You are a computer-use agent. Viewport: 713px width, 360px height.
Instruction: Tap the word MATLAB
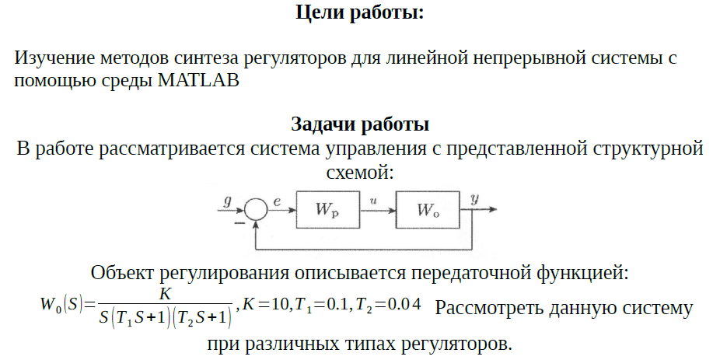197,80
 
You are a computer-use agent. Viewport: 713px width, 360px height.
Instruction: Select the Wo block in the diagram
428,210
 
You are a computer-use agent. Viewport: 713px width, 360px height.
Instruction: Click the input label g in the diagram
227,201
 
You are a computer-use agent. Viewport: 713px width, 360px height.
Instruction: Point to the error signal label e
278,201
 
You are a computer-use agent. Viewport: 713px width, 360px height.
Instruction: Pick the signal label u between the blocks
375,201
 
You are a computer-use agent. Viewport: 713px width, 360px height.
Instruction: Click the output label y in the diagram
474,199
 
